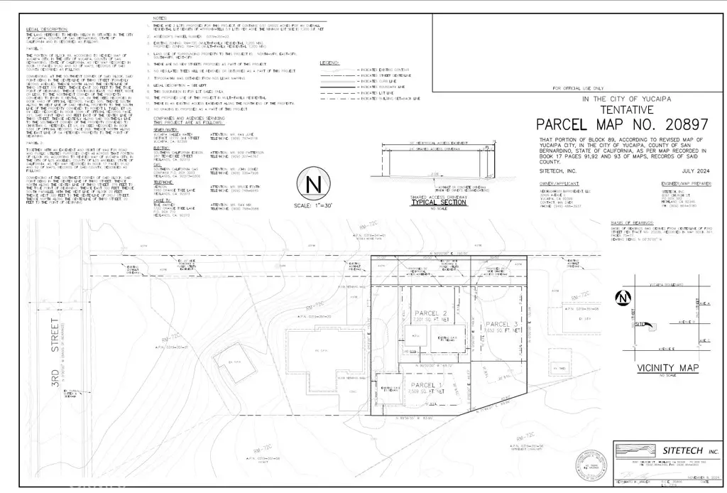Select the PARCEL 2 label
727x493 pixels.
click(430, 313)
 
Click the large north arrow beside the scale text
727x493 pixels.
click(313, 185)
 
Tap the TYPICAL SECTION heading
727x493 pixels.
click(433, 202)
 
